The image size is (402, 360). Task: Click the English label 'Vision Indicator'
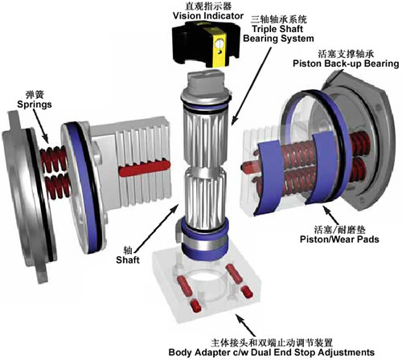click(208, 16)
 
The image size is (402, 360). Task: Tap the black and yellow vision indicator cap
click(205, 44)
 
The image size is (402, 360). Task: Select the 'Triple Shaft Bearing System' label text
click(278, 34)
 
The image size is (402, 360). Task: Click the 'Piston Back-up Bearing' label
click(346, 63)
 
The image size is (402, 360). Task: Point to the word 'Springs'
click(35, 104)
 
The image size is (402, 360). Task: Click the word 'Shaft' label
click(128, 260)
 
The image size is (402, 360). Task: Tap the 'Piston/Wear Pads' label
click(339, 239)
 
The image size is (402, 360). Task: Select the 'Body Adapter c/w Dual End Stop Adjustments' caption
click(271, 352)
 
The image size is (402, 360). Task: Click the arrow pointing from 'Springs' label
click(41, 126)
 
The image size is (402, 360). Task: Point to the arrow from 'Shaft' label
click(157, 228)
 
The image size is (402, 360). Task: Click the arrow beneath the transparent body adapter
click(245, 325)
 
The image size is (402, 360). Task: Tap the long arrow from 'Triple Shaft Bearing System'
click(252, 86)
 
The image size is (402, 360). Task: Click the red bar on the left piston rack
click(145, 169)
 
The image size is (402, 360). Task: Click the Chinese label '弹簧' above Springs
click(35, 95)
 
